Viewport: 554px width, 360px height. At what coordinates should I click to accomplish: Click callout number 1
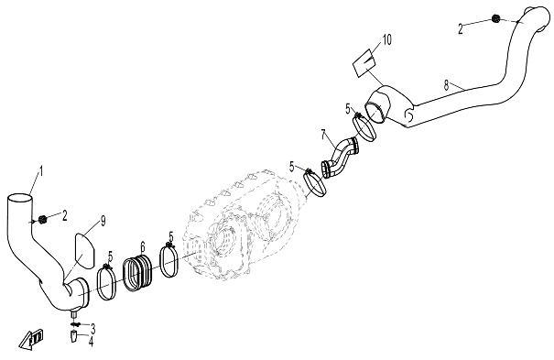point(39,171)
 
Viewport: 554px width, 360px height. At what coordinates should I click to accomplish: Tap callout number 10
point(387,39)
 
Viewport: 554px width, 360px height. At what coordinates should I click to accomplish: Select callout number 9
point(103,220)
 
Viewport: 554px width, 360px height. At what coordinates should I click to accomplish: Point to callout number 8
point(446,84)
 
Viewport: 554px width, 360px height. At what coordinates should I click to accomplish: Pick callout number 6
point(142,245)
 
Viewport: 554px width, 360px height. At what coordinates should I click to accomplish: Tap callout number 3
point(92,327)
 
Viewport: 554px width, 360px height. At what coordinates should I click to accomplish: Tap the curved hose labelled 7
point(340,157)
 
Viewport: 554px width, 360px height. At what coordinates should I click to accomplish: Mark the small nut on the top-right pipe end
point(495,19)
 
